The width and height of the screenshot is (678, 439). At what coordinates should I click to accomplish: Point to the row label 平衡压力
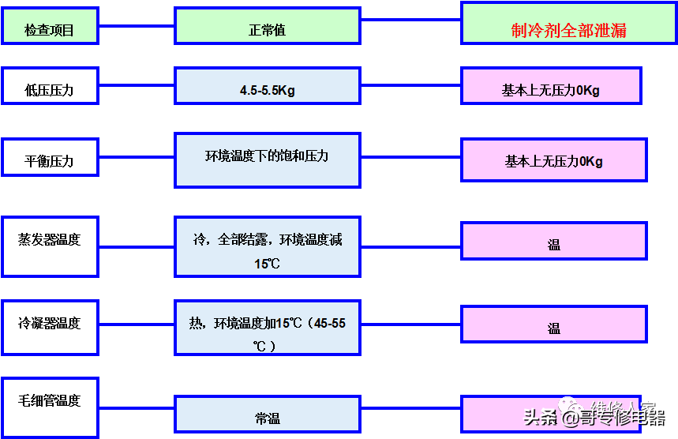point(50,160)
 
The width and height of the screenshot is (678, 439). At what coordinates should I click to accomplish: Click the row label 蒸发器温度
point(50,245)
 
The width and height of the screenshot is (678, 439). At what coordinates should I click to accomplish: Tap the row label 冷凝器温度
point(50,326)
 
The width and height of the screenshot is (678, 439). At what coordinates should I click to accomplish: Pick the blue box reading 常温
point(268,415)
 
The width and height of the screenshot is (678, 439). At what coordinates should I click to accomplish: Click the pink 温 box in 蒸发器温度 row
point(554,242)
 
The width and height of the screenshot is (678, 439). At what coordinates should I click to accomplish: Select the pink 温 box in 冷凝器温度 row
point(554,325)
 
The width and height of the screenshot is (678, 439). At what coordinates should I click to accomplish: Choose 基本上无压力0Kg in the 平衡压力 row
point(554,160)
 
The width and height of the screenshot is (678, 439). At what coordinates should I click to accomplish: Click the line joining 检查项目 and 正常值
point(136,26)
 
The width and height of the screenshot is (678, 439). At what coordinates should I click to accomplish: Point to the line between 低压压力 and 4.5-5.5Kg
point(136,86)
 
